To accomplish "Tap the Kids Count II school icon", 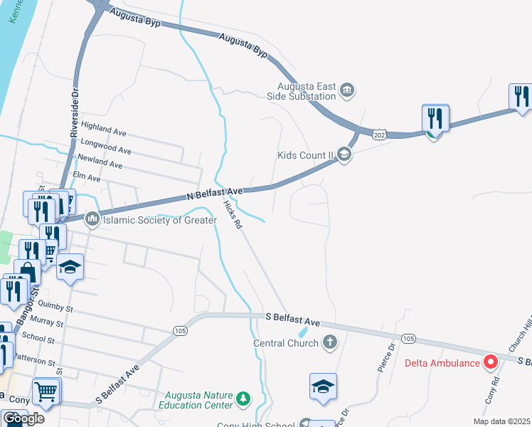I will (x=344, y=154).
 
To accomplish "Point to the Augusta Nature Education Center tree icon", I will (x=243, y=397).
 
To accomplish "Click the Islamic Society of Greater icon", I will (x=92, y=220).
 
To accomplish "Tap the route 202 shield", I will (x=379, y=133).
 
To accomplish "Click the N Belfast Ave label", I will (x=216, y=193).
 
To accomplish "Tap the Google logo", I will (x=23, y=418).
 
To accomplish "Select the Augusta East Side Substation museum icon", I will (x=347, y=90).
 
